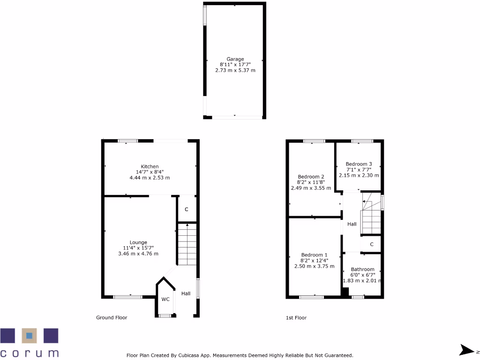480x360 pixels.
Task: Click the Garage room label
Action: point(235,59)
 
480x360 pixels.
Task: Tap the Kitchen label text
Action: point(150,166)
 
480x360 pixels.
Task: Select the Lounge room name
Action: point(138,242)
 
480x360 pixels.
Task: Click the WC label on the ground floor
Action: point(165,299)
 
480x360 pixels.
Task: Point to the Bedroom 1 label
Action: point(314,255)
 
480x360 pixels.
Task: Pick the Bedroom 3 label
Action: point(359,164)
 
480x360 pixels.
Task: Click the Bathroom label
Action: point(363,270)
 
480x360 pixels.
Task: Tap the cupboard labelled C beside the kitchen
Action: point(186,210)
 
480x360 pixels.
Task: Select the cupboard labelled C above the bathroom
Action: point(371,244)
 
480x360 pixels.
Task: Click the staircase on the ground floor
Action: point(187,245)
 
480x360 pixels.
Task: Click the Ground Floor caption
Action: point(112,317)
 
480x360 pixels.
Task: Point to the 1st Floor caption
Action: point(296,317)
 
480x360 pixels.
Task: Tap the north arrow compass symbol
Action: point(467,350)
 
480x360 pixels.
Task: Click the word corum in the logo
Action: point(30,353)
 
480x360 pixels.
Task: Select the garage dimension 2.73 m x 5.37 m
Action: point(235,70)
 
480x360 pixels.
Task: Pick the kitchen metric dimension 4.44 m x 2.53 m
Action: point(150,178)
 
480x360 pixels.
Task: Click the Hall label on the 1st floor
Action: point(352,225)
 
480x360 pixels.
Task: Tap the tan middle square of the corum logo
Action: point(30,336)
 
